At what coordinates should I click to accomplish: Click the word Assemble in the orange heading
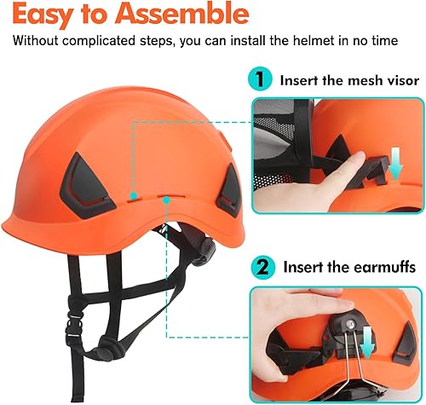pos(182,14)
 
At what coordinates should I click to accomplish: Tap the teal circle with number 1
pos(260,78)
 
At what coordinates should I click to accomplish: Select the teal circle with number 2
pos(263,267)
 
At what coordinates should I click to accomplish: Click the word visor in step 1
pos(403,80)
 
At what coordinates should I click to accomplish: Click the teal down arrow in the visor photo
pos(395,163)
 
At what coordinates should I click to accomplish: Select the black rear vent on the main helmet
pos(229,191)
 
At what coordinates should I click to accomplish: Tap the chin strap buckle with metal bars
pos(74,325)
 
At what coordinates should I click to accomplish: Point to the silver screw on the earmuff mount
pos(351,323)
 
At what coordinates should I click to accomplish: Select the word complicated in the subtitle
pos(99,41)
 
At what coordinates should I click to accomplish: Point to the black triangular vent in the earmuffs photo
pos(404,344)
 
